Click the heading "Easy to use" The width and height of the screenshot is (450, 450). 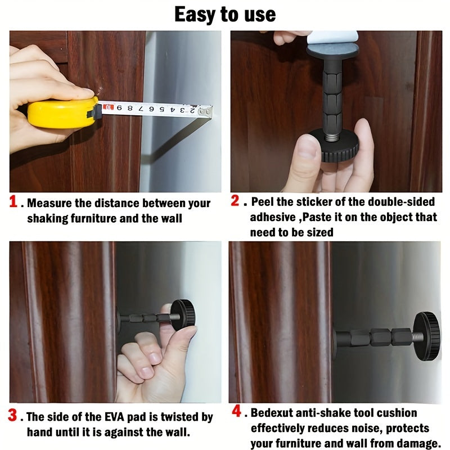(225, 14)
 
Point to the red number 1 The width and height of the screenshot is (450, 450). (15, 202)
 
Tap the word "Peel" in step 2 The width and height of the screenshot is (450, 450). (262, 201)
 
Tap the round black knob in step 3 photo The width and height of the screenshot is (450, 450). (183, 316)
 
